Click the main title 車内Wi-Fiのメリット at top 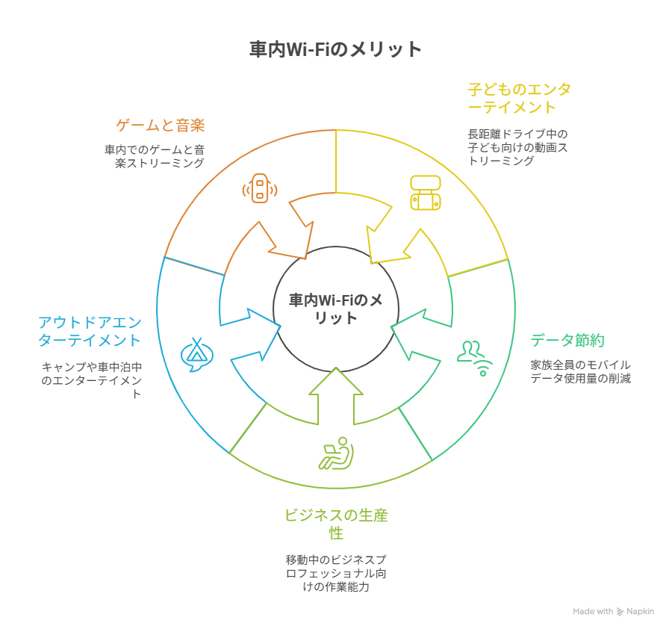coord(335,50)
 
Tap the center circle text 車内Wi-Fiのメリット coord(336,309)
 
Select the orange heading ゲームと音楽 coord(161,125)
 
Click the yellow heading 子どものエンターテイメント coord(519,98)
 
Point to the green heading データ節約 coord(567,341)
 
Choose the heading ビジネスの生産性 coord(336,524)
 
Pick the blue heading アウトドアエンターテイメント coord(90,331)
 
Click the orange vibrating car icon coord(259,188)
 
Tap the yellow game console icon coord(425,192)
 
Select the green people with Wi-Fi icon coord(476,357)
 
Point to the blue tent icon coord(197,355)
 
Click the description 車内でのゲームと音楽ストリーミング coord(155,155)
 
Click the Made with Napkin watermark coord(613,611)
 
